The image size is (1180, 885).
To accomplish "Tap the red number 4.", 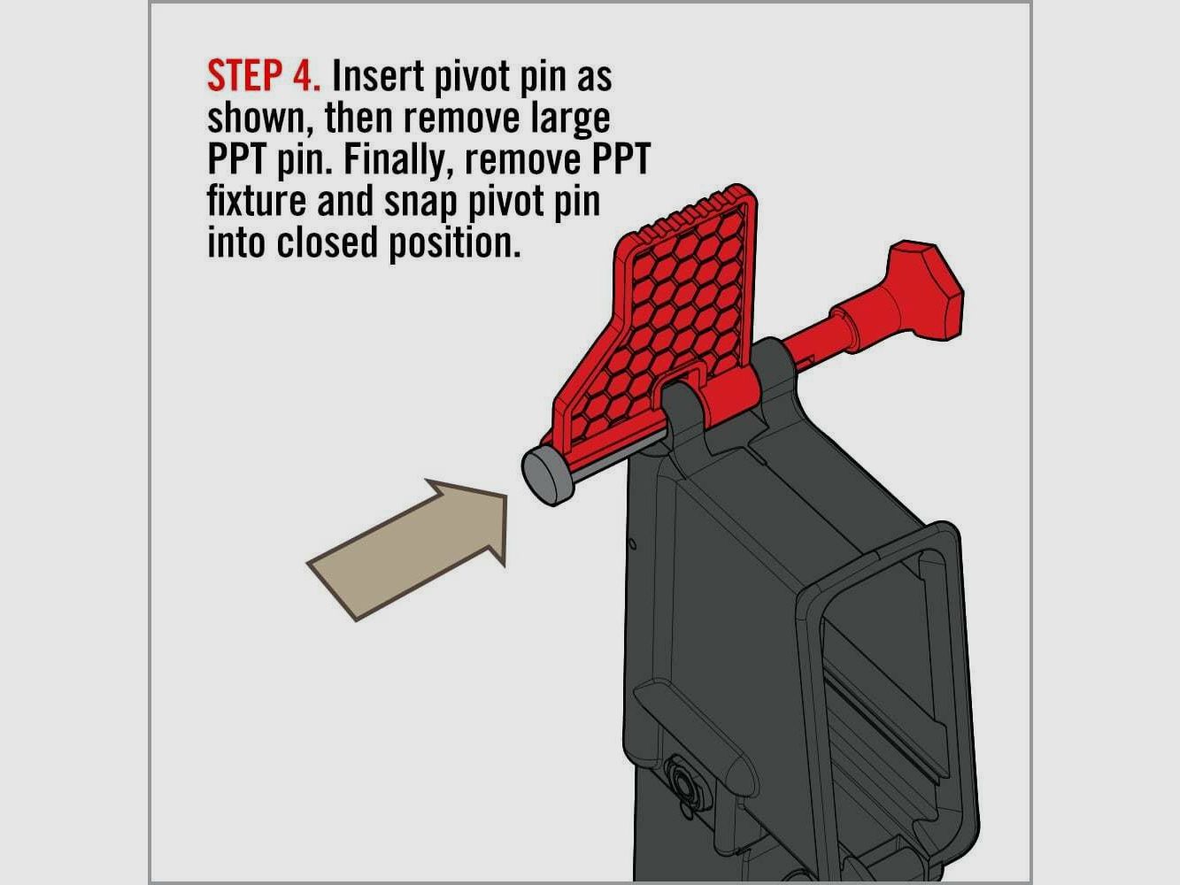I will pos(305,77).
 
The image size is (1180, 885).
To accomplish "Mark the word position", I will pos(455,243).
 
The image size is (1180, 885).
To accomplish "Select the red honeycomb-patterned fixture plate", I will pos(673,301).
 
